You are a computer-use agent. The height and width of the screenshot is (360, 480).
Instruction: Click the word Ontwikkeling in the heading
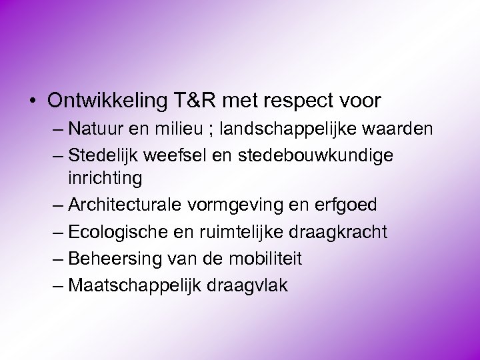[107, 101]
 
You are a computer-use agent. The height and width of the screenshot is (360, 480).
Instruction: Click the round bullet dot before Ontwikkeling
[32, 101]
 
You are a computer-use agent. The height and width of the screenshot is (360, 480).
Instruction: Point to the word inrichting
[105, 179]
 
